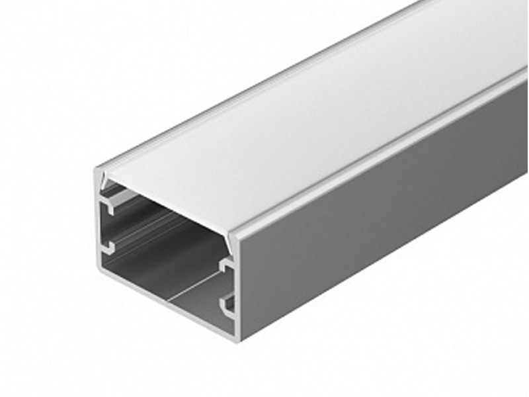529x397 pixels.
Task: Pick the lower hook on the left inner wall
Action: point(108,249)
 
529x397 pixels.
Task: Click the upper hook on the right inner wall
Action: point(227,268)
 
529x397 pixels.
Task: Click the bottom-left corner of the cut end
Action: point(99,268)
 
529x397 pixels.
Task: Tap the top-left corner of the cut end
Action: point(97,170)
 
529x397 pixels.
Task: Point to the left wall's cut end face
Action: point(99,225)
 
